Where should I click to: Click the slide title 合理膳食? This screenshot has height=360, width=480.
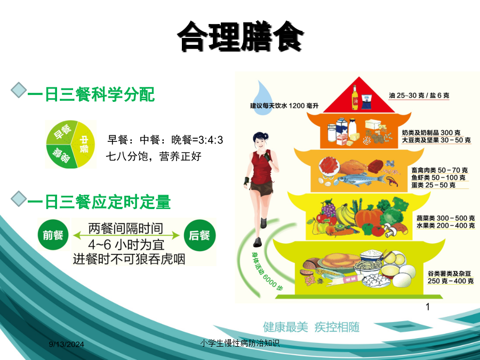click(241, 37)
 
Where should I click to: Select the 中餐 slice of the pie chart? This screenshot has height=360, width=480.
click(83, 144)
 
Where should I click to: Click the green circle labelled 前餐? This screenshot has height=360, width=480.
click(53, 235)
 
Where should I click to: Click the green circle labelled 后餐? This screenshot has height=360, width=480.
click(199, 235)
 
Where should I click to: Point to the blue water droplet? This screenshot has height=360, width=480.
click(263, 98)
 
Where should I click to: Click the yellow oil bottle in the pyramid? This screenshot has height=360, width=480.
click(355, 98)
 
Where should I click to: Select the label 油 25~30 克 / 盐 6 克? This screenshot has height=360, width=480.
click(419, 95)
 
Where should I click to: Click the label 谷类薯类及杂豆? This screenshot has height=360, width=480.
click(449, 274)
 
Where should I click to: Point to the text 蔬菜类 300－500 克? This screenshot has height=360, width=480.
click(445, 218)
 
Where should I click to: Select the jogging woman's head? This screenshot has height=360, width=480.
click(260, 140)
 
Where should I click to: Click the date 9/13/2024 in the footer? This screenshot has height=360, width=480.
click(67, 345)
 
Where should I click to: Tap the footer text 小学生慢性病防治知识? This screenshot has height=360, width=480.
click(239, 343)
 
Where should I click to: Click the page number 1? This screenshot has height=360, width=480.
click(428, 307)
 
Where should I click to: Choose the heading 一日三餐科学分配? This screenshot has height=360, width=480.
click(91, 94)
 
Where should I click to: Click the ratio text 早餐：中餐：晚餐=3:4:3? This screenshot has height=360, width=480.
click(165, 140)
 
